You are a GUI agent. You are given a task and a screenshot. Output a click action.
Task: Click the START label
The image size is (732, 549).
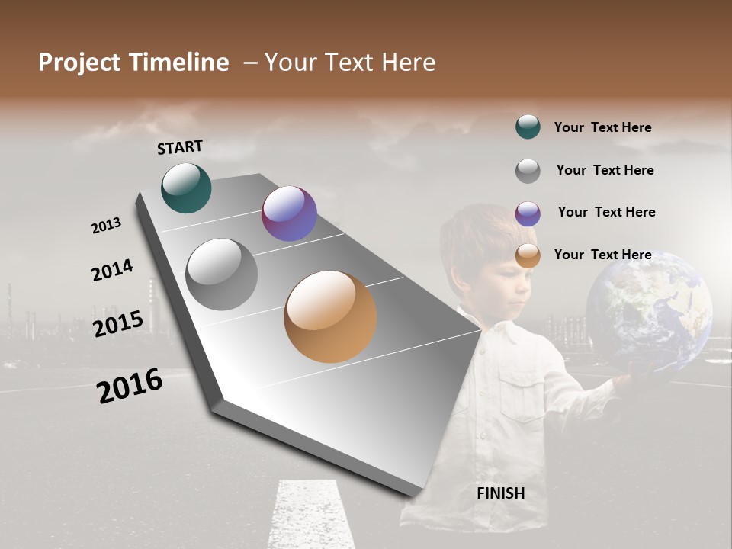click(x=180, y=146)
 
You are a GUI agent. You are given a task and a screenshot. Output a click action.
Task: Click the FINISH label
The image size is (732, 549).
click(x=501, y=493)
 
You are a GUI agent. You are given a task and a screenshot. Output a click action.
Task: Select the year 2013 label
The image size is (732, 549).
click(x=106, y=226)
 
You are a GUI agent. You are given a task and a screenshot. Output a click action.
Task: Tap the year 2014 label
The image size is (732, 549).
click(x=112, y=270)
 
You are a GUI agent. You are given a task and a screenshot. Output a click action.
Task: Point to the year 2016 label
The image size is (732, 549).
click(x=130, y=385)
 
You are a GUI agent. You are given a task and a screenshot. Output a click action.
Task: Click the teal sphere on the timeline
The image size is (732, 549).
click(x=186, y=188)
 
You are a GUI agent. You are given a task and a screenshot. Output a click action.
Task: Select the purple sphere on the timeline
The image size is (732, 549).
click(x=289, y=213)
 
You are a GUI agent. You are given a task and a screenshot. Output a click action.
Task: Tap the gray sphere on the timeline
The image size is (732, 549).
click(x=221, y=274)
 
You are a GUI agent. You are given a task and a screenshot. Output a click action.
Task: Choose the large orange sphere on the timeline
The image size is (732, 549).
click(x=330, y=316)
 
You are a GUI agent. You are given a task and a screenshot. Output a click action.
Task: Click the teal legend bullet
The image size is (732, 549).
click(x=528, y=127)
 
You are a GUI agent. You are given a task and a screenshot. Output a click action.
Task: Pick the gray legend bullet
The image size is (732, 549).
click(x=528, y=171)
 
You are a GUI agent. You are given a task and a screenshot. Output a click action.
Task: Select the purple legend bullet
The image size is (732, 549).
click(x=528, y=213)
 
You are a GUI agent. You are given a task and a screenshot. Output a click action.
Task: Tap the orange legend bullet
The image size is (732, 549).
click(x=528, y=256)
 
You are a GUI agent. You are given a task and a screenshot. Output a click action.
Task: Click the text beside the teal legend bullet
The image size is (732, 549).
click(x=602, y=127)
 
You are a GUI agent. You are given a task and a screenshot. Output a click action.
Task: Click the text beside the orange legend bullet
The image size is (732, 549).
click(x=602, y=255)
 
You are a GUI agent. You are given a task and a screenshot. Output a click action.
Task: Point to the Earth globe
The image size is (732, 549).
click(x=649, y=312)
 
